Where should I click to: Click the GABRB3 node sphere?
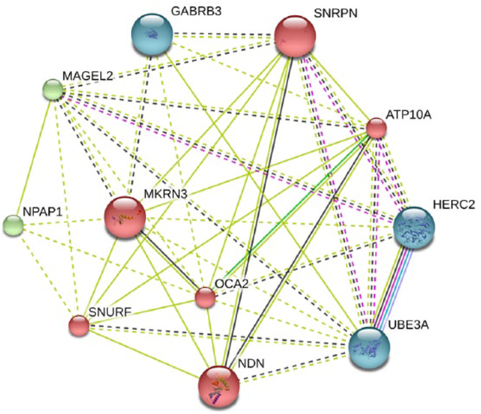(x=152, y=34)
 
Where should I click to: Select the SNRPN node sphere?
(x=295, y=36)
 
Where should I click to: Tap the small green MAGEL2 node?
(x=53, y=90)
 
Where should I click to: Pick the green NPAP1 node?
(x=13, y=225)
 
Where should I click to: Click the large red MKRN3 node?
(x=125, y=217)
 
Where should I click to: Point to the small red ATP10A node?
(x=377, y=128)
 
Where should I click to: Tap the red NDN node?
(x=219, y=387)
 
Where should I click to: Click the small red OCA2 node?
(x=205, y=298)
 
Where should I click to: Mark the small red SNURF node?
(x=79, y=326)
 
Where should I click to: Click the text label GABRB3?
(x=196, y=11)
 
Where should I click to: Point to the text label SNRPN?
(x=335, y=13)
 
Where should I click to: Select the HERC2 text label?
(x=454, y=204)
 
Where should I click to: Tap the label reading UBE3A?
(x=408, y=325)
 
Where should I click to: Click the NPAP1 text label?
(x=43, y=212)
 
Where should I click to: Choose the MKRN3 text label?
(x=166, y=194)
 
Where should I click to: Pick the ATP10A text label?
(x=408, y=114)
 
